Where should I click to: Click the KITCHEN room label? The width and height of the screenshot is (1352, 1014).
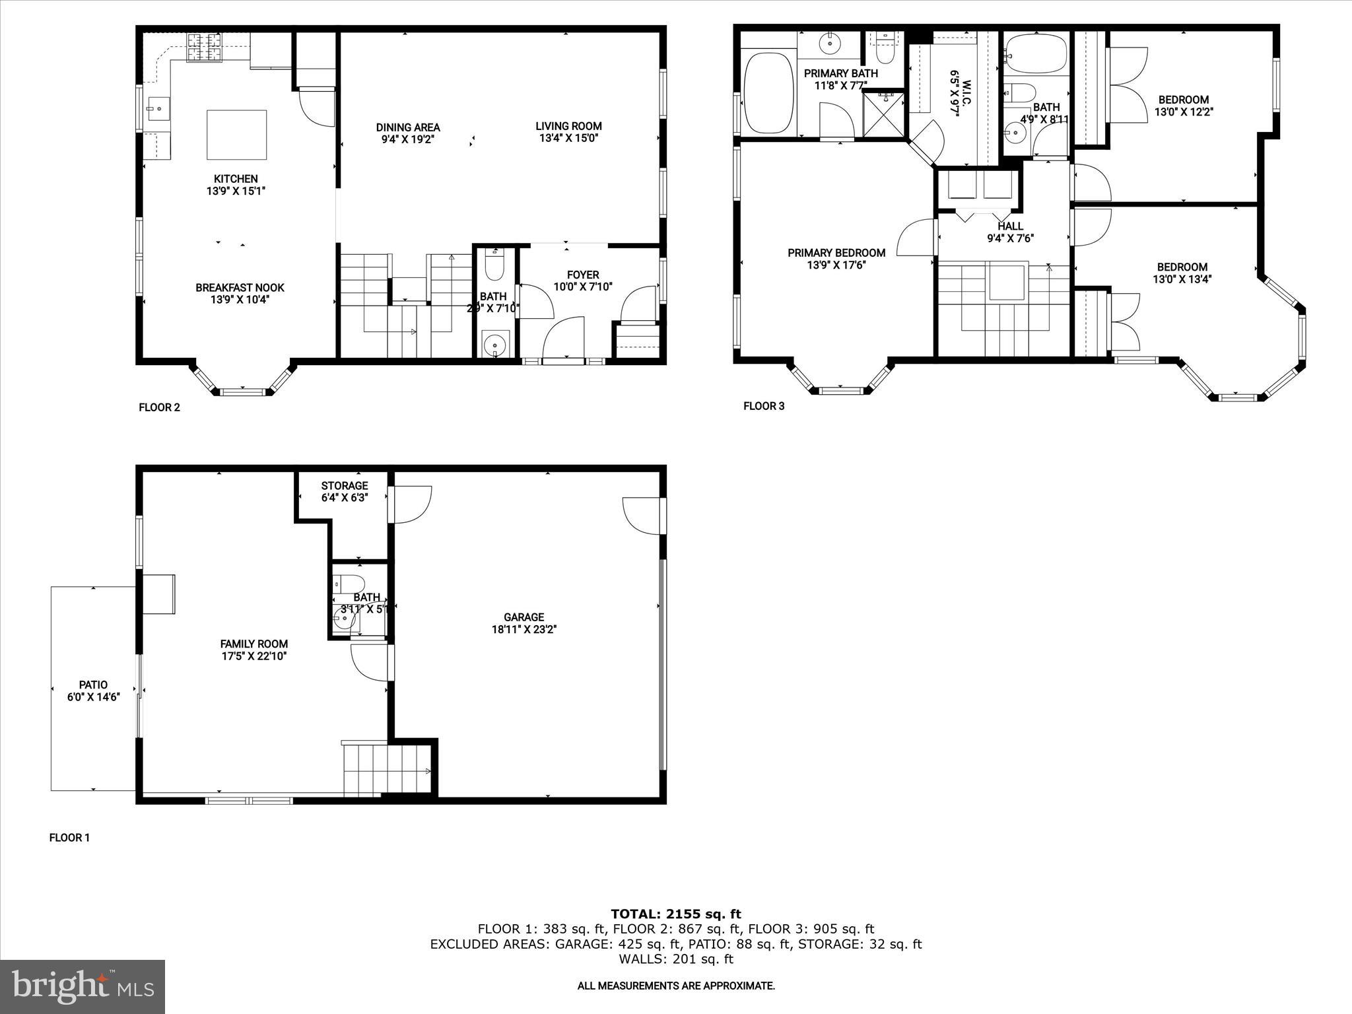pos(236,179)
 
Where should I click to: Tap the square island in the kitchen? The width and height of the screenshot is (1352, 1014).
pos(236,135)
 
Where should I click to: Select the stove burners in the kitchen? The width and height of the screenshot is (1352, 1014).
pos(205,48)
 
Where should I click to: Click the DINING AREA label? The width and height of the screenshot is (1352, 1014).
pos(408,127)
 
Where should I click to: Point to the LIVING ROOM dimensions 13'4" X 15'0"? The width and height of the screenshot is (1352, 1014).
pos(568,138)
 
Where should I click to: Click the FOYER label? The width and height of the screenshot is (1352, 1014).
pos(583,275)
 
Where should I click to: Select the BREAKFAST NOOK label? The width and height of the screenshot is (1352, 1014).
pos(240,288)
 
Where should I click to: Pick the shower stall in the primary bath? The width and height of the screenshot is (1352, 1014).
pos(883,114)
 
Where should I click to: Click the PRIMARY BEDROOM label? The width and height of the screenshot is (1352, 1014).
pos(836,253)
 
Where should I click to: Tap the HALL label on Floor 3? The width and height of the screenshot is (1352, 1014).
pos(1010,226)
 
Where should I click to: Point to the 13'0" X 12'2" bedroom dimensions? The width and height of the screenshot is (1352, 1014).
pos(1183,112)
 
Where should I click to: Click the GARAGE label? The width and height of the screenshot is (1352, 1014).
pos(524,617)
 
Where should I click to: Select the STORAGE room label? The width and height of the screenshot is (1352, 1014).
pos(344,486)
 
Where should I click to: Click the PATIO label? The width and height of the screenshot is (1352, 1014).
pos(93,685)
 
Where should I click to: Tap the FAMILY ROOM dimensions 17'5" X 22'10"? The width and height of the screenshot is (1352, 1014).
pos(254,656)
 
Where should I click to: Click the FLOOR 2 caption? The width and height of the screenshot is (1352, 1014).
pos(159,407)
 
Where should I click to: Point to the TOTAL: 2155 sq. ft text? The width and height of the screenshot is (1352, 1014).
pos(675,914)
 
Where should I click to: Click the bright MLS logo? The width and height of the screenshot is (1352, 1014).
pos(83,986)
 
